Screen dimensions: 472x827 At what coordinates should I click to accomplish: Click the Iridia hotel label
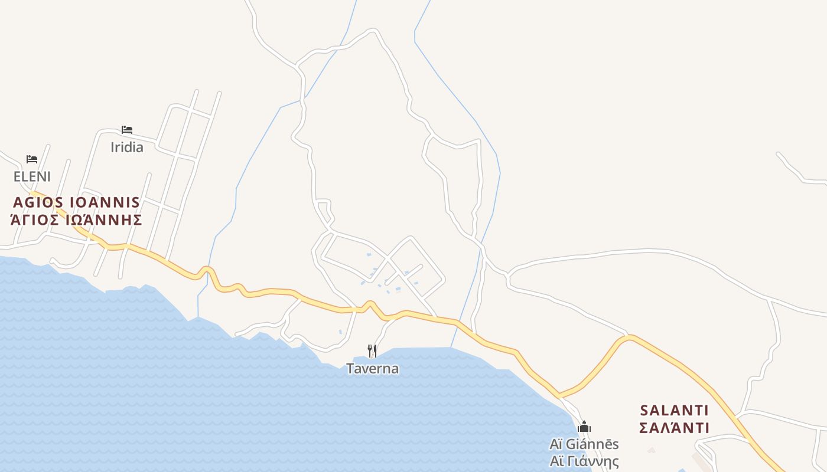click(x=126, y=147)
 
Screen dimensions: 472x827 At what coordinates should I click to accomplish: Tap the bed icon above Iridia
click(x=126, y=130)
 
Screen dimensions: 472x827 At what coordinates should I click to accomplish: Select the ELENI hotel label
click(x=32, y=176)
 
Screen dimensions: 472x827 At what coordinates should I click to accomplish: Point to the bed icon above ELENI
click(x=32, y=159)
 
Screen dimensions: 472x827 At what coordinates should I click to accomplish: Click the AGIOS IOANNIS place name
click(x=77, y=202)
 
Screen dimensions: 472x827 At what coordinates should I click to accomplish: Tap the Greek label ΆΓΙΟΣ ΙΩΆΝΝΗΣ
click(x=77, y=220)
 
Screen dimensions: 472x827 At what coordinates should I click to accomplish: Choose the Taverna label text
click(x=372, y=369)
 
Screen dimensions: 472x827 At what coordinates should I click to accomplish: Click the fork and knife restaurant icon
click(x=372, y=351)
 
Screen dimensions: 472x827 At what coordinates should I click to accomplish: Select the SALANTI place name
click(x=674, y=410)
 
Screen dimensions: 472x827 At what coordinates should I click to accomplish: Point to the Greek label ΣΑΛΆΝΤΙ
click(x=674, y=428)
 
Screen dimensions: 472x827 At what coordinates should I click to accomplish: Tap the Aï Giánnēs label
click(x=584, y=444)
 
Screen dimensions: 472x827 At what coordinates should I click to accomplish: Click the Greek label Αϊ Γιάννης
click(x=584, y=461)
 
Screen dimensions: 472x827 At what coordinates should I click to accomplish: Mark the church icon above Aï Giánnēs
click(x=584, y=427)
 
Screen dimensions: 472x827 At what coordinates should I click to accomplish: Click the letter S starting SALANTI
click(x=644, y=410)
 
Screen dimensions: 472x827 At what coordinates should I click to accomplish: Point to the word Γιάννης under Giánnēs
click(x=593, y=461)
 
